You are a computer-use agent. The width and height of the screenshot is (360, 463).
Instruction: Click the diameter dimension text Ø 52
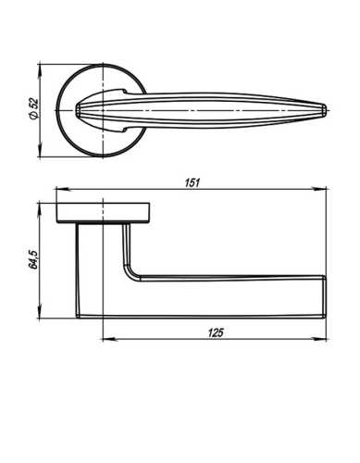[33, 110]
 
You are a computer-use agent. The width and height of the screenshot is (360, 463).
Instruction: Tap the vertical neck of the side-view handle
[100, 269]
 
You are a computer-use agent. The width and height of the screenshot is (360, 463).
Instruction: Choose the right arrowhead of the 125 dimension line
[324, 338]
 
